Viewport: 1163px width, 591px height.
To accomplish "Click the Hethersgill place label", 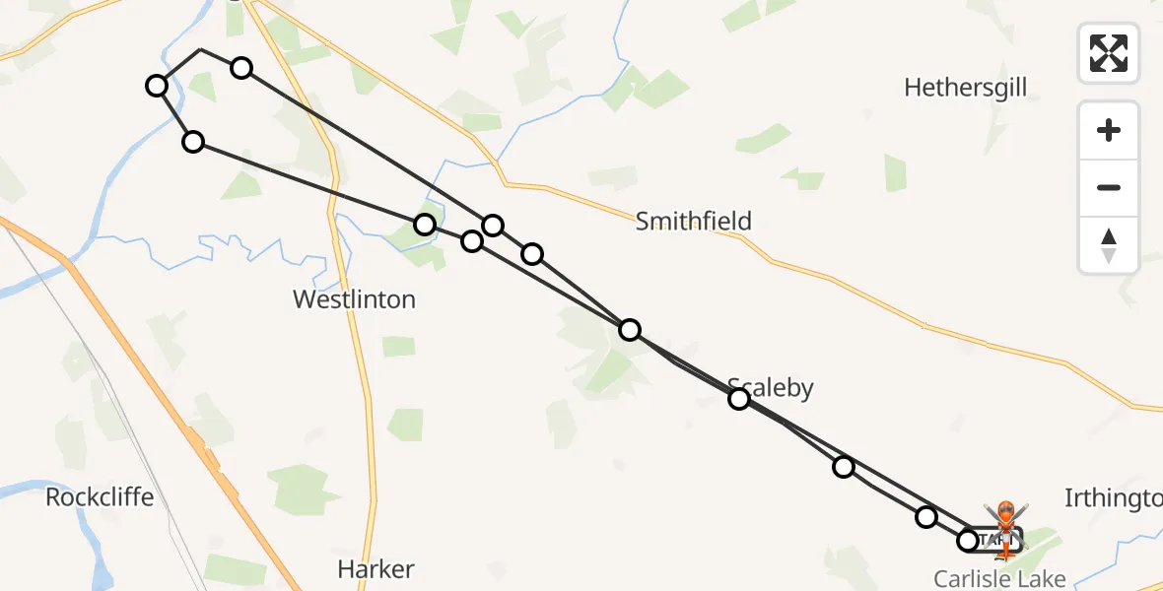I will tap(965, 88).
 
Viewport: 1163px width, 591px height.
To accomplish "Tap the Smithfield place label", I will tap(693, 221).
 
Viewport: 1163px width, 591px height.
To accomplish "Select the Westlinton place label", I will tap(354, 298).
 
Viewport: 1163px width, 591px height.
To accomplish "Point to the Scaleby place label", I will tap(772, 387).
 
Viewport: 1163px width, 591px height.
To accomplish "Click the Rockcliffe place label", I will tap(100, 496).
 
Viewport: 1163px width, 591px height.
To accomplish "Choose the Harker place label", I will tap(376, 568).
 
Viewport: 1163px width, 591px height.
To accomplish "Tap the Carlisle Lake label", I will tap(999, 577).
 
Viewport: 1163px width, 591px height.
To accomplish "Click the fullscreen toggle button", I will tap(1109, 53).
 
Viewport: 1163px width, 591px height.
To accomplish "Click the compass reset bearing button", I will tap(1109, 245).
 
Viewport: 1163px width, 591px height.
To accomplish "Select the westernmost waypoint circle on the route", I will tap(156, 86).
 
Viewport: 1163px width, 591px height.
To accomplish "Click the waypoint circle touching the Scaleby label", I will tap(739, 399).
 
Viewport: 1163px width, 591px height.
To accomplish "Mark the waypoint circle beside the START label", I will tap(967, 540).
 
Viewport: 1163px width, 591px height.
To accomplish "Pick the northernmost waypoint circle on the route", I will tap(241, 67).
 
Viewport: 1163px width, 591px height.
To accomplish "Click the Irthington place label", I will tap(1114, 498).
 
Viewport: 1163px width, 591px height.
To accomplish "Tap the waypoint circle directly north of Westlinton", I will tap(425, 225).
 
